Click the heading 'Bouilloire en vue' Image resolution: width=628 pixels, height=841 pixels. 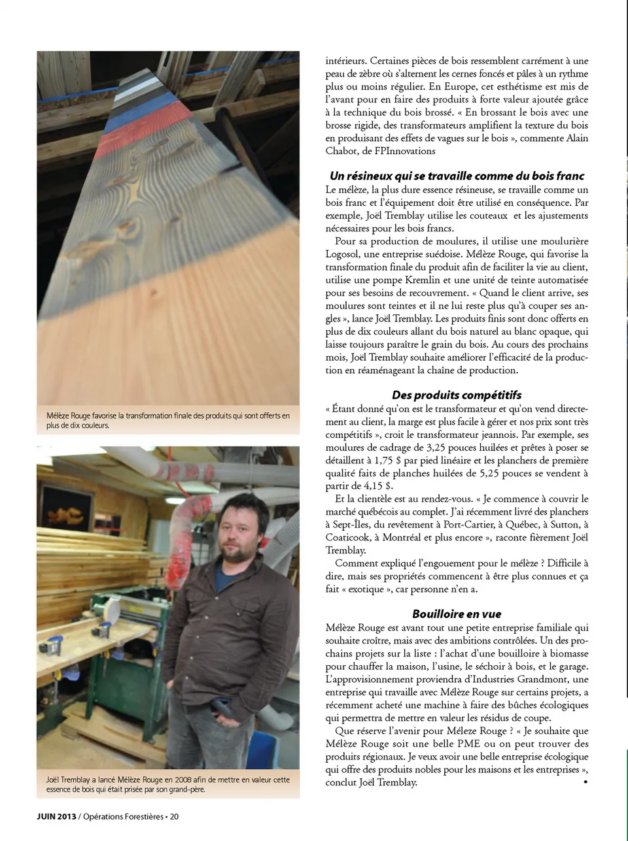tap(457, 614)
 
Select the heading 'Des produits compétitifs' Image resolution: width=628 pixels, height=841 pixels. tap(457, 395)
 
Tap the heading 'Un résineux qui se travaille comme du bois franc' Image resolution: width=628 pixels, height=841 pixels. tap(457, 176)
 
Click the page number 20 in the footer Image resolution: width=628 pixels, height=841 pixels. tap(175, 816)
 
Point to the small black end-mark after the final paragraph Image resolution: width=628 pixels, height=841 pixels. tap(585, 782)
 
